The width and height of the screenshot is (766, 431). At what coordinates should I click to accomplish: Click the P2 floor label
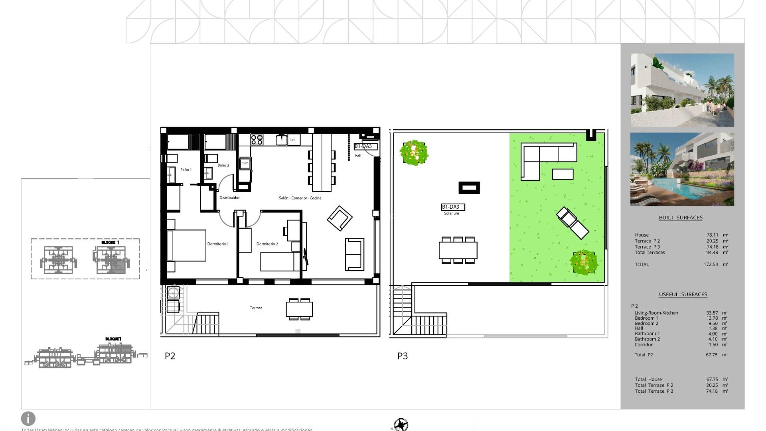170,356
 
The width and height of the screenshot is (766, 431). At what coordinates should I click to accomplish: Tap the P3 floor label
402,356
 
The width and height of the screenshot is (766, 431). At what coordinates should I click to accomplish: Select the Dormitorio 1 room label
218,244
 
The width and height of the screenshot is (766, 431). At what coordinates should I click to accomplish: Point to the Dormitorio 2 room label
267,244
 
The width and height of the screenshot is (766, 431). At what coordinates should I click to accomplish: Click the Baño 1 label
186,170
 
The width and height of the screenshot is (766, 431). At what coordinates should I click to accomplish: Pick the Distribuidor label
229,198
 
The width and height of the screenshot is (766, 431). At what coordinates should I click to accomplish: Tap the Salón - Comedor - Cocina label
300,198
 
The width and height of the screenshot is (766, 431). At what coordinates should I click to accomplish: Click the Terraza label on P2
256,308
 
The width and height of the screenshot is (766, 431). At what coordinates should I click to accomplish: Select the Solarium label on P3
451,214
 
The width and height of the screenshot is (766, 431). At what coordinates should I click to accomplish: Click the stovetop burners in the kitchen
257,140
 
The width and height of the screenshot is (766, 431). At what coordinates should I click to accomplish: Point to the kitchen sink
282,140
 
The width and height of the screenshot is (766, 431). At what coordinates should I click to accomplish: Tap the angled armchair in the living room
340,218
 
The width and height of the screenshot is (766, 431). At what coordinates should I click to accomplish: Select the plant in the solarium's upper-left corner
414,152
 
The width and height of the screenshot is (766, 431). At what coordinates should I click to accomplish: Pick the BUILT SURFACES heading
681,217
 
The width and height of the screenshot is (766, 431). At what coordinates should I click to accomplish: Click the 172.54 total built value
711,265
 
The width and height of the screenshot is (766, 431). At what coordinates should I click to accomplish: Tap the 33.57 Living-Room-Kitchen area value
712,313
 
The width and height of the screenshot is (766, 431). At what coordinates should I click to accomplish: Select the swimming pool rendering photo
682,169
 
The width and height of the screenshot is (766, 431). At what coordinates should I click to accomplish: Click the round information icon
28,419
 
